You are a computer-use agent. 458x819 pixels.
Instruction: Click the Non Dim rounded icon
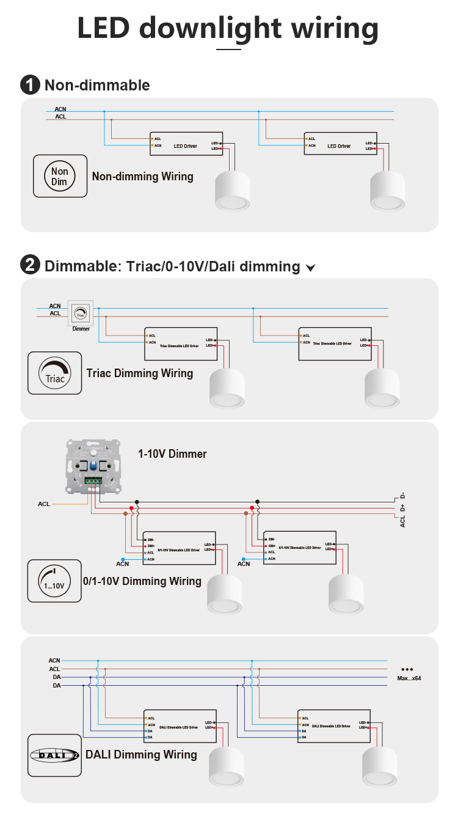(x=59, y=177)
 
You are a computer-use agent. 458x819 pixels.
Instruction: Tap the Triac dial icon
(x=55, y=373)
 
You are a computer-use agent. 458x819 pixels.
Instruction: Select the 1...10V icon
(x=54, y=581)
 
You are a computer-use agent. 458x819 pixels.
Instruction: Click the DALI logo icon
(x=54, y=755)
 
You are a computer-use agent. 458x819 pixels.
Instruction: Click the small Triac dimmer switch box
(x=81, y=314)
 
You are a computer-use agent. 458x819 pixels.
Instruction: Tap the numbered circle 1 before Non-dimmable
(x=30, y=85)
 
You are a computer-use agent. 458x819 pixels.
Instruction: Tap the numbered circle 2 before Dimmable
(x=30, y=266)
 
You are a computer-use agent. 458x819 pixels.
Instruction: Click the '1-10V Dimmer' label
(x=172, y=454)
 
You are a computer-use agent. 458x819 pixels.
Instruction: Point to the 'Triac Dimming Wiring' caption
(x=140, y=373)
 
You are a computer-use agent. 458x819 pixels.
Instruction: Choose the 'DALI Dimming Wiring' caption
(x=141, y=755)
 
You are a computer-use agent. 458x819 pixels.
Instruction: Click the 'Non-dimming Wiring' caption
(x=142, y=177)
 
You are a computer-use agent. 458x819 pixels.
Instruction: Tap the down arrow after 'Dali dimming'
(x=310, y=268)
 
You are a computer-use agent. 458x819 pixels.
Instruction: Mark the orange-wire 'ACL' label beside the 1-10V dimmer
(x=44, y=504)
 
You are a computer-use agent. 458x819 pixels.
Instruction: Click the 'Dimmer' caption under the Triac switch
(x=81, y=329)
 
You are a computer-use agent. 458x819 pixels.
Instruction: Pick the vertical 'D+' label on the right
(x=403, y=508)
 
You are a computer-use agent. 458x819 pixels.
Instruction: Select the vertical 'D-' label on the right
(x=403, y=496)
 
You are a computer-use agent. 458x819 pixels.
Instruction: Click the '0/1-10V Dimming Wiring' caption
(x=142, y=581)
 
